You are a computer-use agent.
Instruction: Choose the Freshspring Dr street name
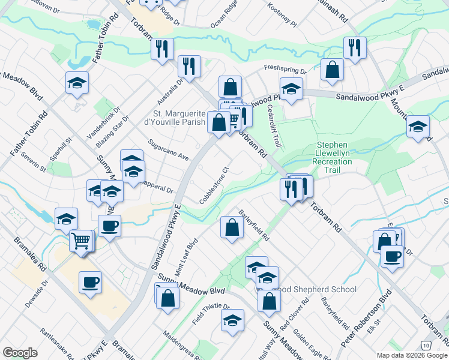tap(286, 71)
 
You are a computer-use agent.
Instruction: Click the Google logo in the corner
tap(20, 353)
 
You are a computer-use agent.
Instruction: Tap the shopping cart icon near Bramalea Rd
tap(82, 241)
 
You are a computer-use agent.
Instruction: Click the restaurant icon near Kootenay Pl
tap(354, 47)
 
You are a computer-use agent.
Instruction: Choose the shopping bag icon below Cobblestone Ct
tap(232, 227)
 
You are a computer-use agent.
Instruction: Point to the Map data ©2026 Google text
tap(411, 355)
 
